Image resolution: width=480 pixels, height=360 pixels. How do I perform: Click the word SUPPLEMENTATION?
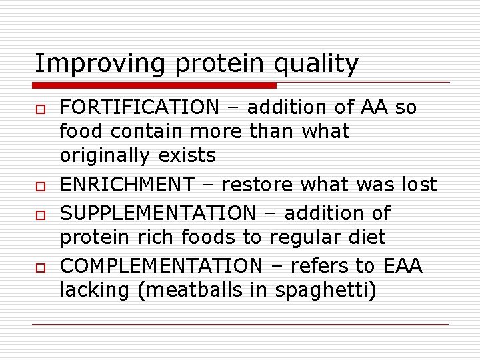pyautogui.click(x=157, y=213)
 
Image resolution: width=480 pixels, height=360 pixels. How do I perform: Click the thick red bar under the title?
pyautogui.click(x=155, y=85)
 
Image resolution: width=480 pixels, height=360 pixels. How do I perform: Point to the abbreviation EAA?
pyautogui.click(x=402, y=266)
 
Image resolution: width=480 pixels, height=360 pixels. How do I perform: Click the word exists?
pyautogui.click(x=187, y=156)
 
